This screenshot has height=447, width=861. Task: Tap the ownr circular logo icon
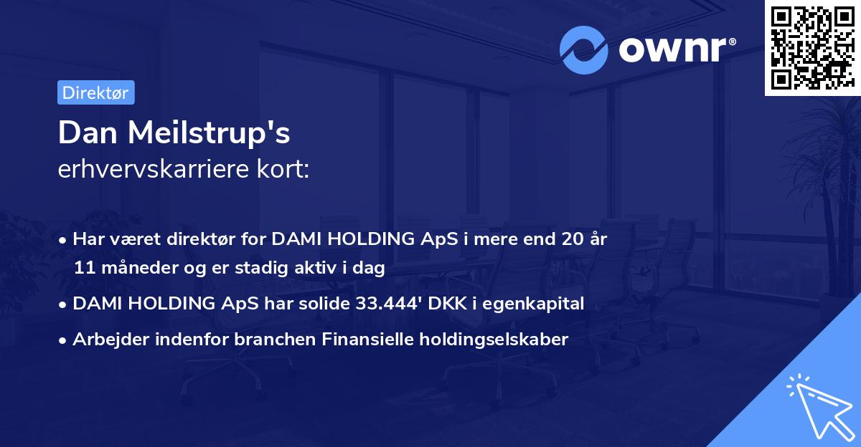click(x=584, y=49)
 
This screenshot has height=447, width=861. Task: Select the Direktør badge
click(x=95, y=92)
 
